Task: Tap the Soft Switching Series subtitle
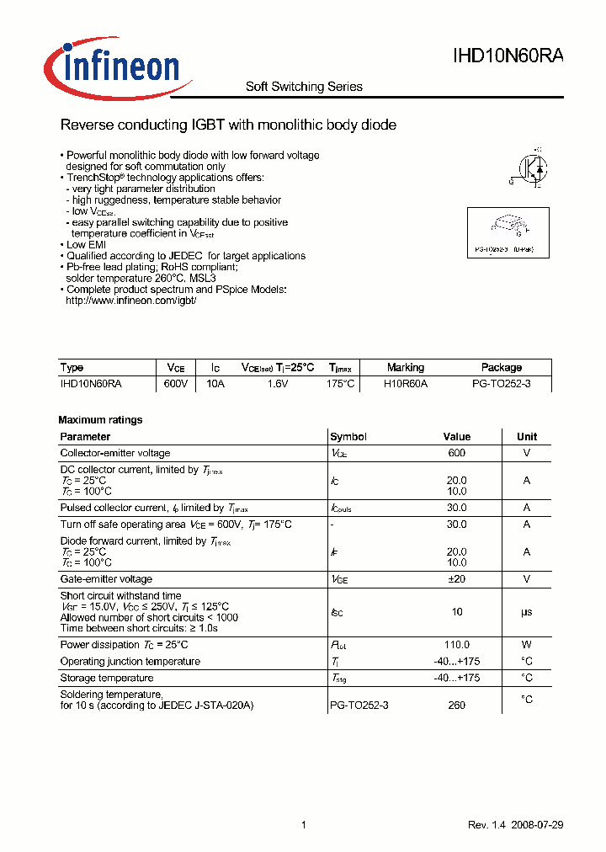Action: (304, 87)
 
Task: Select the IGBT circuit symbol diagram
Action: (529, 171)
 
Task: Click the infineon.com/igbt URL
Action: (130, 301)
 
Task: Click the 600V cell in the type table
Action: (175, 383)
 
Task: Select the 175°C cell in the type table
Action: (341, 383)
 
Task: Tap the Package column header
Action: (501, 368)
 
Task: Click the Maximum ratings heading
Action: (100, 419)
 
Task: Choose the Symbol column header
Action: (348, 437)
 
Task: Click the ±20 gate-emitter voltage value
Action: (457, 579)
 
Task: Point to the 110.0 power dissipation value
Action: (457, 644)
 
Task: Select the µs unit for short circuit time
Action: (527, 612)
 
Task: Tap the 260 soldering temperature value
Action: (457, 706)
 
